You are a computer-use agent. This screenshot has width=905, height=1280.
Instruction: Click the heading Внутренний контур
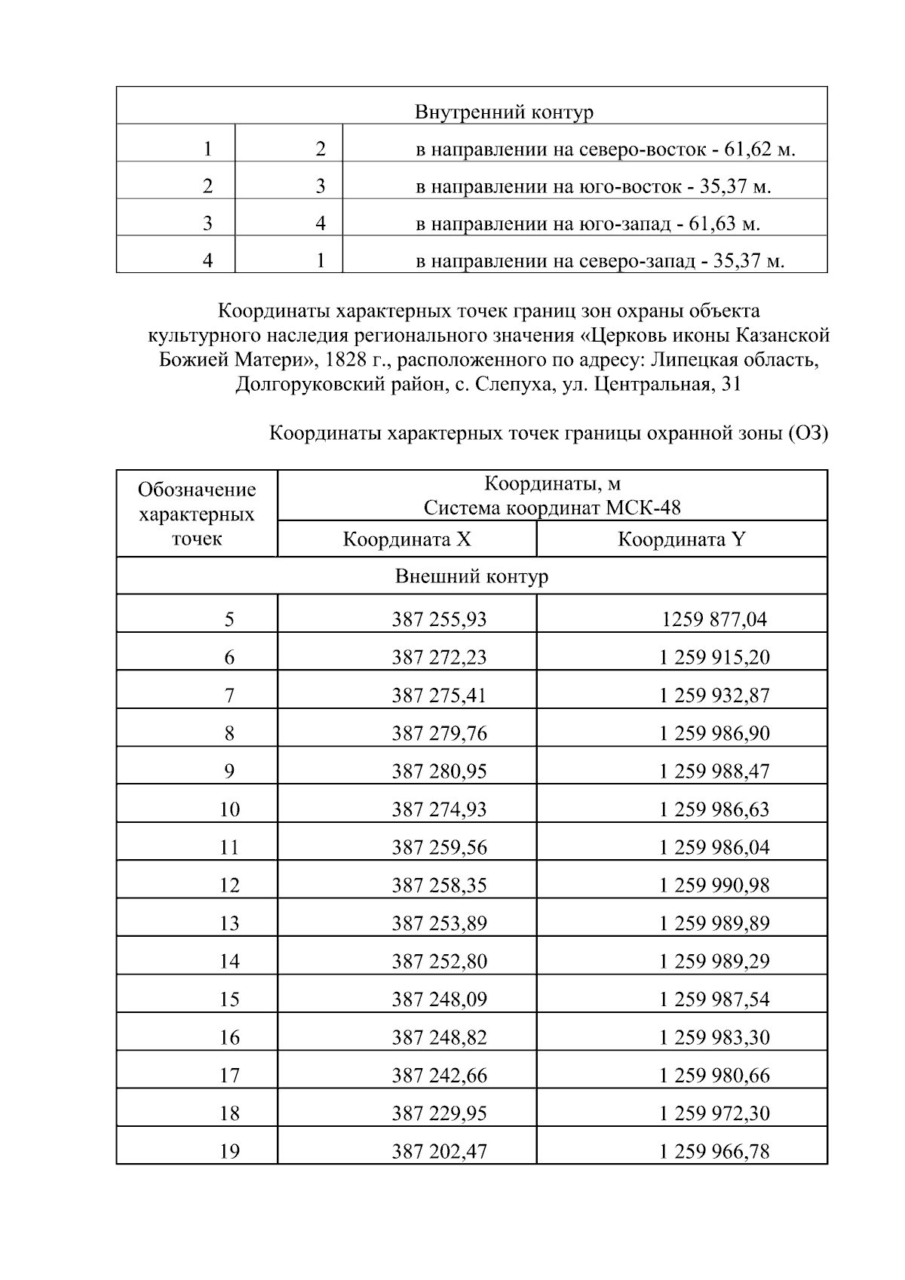click(x=504, y=112)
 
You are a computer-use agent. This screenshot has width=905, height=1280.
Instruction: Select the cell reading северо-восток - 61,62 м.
click(x=606, y=149)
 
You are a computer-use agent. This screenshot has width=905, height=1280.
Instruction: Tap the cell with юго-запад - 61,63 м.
click(x=587, y=224)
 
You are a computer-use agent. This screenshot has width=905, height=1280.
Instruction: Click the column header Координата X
click(x=406, y=539)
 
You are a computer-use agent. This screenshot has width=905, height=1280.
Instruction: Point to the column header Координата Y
click(x=681, y=539)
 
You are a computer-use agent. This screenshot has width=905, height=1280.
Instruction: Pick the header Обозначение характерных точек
click(x=197, y=514)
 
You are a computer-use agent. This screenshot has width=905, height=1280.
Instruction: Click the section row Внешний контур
click(x=471, y=576)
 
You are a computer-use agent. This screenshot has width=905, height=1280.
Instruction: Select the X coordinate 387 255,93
click(x=439, y=619)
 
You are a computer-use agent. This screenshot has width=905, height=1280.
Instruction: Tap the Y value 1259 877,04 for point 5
click(x=713, y=619)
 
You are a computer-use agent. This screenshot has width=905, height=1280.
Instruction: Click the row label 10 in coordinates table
click(x=229, y=809)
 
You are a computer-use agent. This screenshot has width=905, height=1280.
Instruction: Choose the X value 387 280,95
click(x=439, y=771)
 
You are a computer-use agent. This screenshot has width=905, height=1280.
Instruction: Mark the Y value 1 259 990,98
click(x=713, y=885)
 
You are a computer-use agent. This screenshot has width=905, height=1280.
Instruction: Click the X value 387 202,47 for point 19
click(x=439, y=1151)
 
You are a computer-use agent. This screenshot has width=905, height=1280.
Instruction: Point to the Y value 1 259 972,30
click(x=713, y=1113)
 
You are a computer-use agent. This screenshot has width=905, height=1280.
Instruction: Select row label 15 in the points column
click(x=229, y=999)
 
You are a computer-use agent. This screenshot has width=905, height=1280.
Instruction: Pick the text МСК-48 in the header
click(x=643, y=508)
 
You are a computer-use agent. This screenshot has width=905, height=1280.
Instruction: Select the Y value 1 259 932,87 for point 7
click(x=713, y=695)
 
